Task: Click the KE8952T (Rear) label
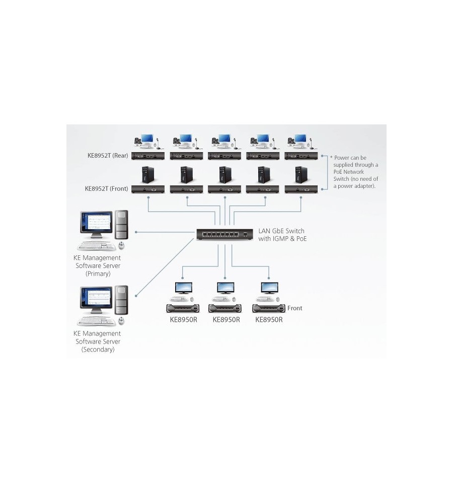pos(108,156)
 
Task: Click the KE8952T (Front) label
pos(107,188)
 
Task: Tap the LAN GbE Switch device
pos(224,234)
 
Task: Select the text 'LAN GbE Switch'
pos(281,231)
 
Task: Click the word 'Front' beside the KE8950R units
pos(295,308)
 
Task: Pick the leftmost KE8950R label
pos(183,320)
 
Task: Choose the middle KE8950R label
pos(226,320)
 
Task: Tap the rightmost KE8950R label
pos(269,320)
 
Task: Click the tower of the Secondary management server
pos(121,300)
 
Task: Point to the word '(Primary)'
pos(98,273)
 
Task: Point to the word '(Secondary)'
pos(98,350)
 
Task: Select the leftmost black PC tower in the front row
pos(148,175)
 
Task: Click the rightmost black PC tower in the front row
pos(301,175)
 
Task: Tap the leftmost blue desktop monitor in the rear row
pos(147,139)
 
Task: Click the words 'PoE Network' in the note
pos(349,172)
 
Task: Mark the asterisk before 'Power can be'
pos(331,158)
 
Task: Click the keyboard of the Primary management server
pos(96,245)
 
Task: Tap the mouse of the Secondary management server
pos(121,321)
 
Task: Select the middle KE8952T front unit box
pos(224,189)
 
